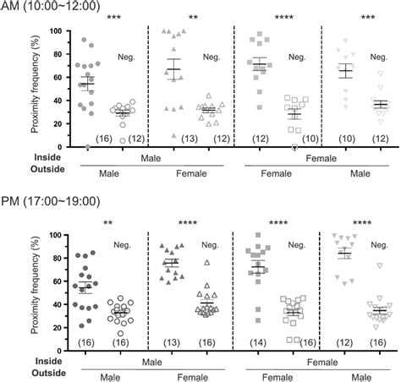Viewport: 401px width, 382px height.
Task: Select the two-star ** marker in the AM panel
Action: (x=193, y=17)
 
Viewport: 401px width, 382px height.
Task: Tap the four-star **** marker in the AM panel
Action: (x=277, y=17)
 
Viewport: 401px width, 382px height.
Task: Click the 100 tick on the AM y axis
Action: (x=55, y=31)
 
